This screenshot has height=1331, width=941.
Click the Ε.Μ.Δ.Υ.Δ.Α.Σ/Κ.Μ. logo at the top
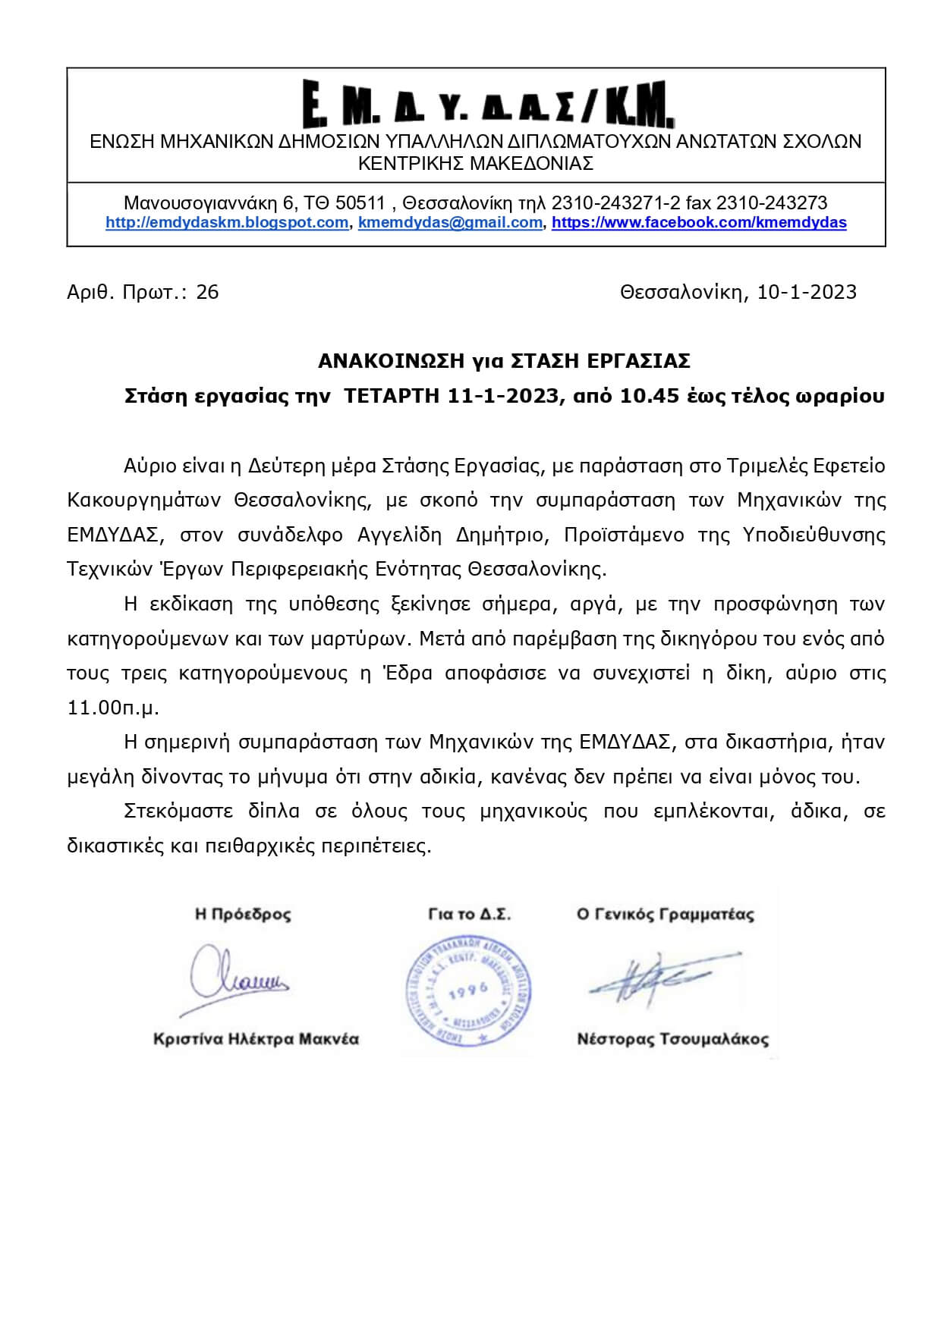tap(488, 103)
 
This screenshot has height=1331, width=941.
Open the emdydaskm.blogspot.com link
tap(227, 223)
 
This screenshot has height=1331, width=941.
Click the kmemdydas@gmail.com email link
tap(450, 223)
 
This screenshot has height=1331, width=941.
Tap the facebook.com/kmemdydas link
tap(699, 223)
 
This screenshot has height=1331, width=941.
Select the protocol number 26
tap(207, 292)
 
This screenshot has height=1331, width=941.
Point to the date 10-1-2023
tap(807, 292)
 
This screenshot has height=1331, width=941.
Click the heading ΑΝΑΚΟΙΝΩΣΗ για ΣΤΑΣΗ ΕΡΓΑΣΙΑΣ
tap(504, 361)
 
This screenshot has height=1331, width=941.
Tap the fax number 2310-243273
tap(772, 203)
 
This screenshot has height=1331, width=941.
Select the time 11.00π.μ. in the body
tap(113, 708)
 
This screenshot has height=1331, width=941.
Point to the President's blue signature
tap(236, 978)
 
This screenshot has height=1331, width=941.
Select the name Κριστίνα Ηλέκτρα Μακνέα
tap(256, 1039)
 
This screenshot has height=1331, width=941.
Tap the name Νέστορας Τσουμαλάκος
tap(672, 1039)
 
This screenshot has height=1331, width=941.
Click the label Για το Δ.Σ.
tap(470, 915)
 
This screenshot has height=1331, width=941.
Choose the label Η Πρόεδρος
tap(243, 915)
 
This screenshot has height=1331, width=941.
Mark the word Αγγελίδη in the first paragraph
tap(399, 535)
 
